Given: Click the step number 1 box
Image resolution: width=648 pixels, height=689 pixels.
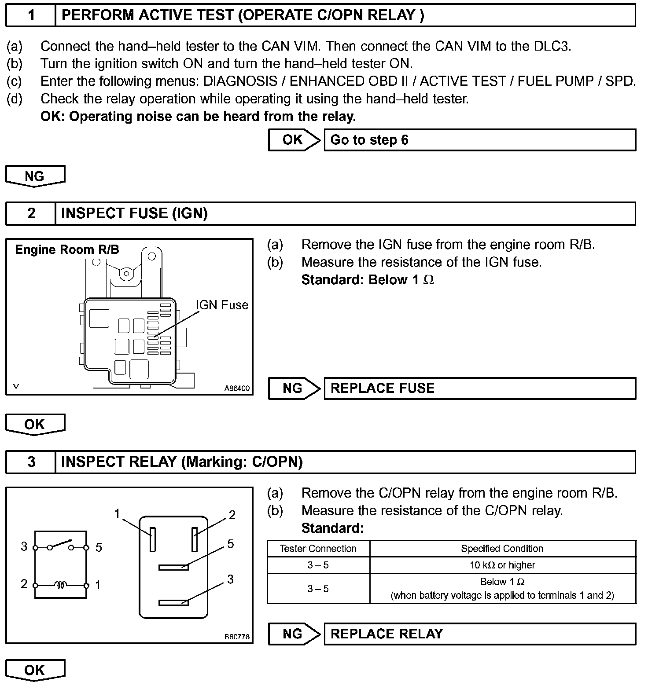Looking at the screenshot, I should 31,15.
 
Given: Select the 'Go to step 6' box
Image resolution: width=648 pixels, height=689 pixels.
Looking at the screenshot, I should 480,140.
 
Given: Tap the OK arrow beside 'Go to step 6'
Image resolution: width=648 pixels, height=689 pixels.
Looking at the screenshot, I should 294,140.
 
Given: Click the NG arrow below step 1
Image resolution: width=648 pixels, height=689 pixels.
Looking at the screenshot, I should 35,176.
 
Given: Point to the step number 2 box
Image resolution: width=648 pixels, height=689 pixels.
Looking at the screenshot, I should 31,213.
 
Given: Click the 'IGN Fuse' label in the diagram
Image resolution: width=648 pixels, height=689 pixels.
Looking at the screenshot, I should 222,305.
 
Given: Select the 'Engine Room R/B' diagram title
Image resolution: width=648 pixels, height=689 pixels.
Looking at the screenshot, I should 67,250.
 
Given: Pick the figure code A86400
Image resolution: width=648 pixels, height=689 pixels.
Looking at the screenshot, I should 237,388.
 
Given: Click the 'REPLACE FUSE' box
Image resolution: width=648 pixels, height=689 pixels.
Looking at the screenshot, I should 480,388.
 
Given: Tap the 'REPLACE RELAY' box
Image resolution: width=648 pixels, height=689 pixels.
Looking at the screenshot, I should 480,634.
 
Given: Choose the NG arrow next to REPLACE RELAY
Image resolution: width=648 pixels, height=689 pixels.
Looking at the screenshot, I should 294,634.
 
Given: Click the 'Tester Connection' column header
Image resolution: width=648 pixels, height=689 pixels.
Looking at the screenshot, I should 318,549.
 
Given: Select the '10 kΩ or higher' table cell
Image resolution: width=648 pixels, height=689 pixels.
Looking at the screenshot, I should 502,565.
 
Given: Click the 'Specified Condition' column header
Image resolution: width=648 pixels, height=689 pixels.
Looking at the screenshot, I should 502,549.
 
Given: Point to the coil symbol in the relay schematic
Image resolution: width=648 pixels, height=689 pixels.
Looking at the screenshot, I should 61,585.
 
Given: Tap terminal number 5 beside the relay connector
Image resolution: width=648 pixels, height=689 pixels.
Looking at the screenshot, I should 230,544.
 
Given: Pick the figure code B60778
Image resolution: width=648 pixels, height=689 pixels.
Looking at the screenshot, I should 237,637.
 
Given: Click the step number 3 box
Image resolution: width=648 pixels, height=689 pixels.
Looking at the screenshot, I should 31,462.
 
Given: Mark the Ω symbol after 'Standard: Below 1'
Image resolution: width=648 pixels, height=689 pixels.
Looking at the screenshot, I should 428,280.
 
